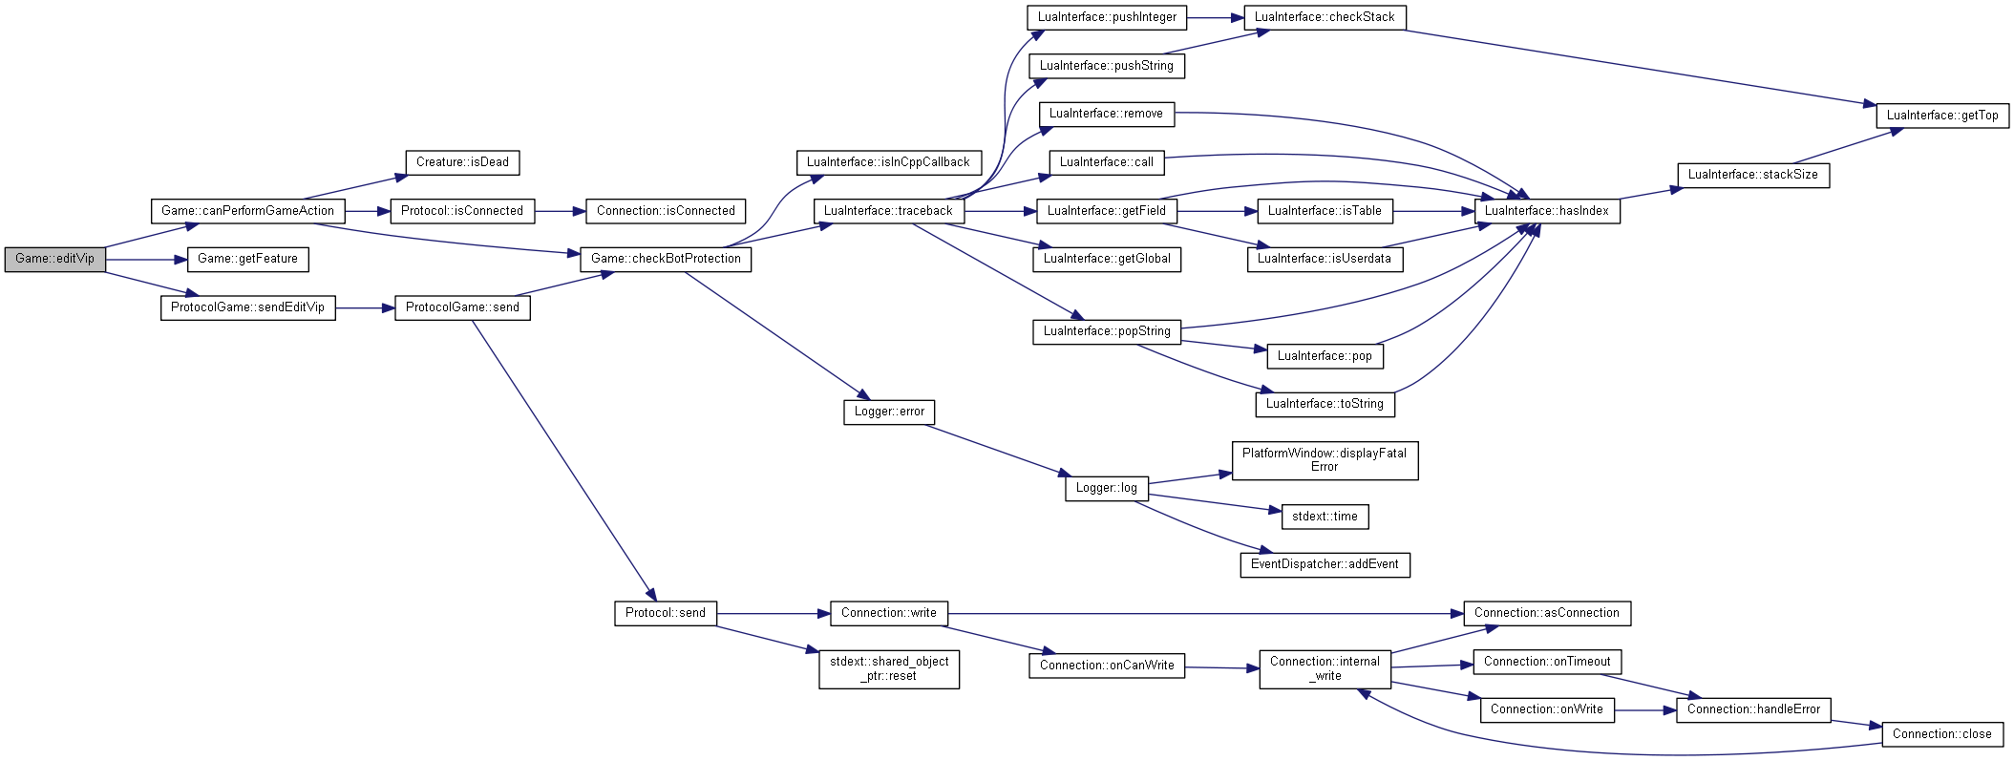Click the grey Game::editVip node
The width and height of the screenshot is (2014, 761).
pyautogui.click(x=54, y=259)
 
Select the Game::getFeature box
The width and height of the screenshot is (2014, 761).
pyautogui.click(x=247, y=259)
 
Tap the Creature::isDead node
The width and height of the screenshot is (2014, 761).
pyautogui.click(x=462, y=162)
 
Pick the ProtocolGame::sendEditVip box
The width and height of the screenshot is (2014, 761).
pyautogui.click(x=247, y=307)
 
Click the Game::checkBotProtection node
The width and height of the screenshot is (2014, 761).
pyautogui.click(x=666, y=259)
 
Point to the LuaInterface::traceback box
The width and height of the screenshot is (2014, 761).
pyautogui.click(x=888, y=211)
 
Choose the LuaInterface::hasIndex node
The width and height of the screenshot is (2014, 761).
pyautogui.click(x=1547, y=211)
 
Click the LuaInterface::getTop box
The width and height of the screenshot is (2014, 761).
pyautogui.click(x=1942, y=116)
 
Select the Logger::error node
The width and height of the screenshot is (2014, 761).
pyautogui.click(x=889, y=412)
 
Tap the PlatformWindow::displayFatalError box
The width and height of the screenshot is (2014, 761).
pyautogui.click(x=1325, y=460)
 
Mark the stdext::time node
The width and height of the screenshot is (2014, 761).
pyautogui.click(x=1325, y=517)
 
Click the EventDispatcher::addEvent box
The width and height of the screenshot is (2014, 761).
pyautogui.click(x=1325, y=564)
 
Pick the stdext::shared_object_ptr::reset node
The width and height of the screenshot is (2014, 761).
pyautogui.click(x=889, y=668)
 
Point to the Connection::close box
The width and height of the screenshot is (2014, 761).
pyautogui.click(x=1942, y=734)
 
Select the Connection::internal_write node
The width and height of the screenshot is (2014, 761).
pyautogui.click(x=1325, y=668)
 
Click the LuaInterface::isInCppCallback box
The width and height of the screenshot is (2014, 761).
pyautogui.click(x=888, y=162)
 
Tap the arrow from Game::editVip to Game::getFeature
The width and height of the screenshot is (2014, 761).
pyautogui.click(x=146, y=259)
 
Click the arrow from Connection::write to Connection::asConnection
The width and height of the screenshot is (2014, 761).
pyautogui.click(x=1206, y=614)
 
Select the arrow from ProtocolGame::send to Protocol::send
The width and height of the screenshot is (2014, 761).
pyautogui.click(x=563, y=460)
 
